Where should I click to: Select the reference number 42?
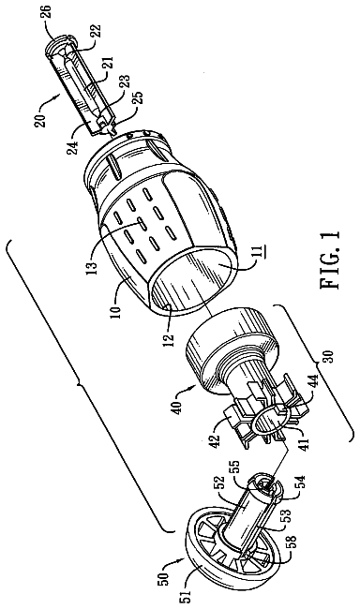click(x=215, y=438)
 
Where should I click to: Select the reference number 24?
click(x=74, y=145)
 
